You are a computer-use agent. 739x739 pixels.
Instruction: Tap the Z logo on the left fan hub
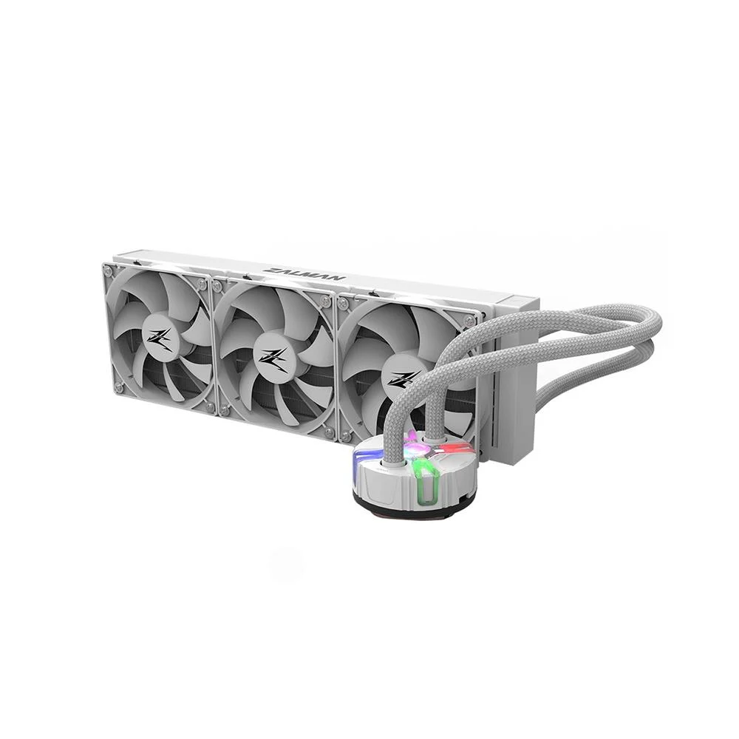coord(157,336)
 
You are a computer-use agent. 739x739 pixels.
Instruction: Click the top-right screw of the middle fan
coord(324,300)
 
